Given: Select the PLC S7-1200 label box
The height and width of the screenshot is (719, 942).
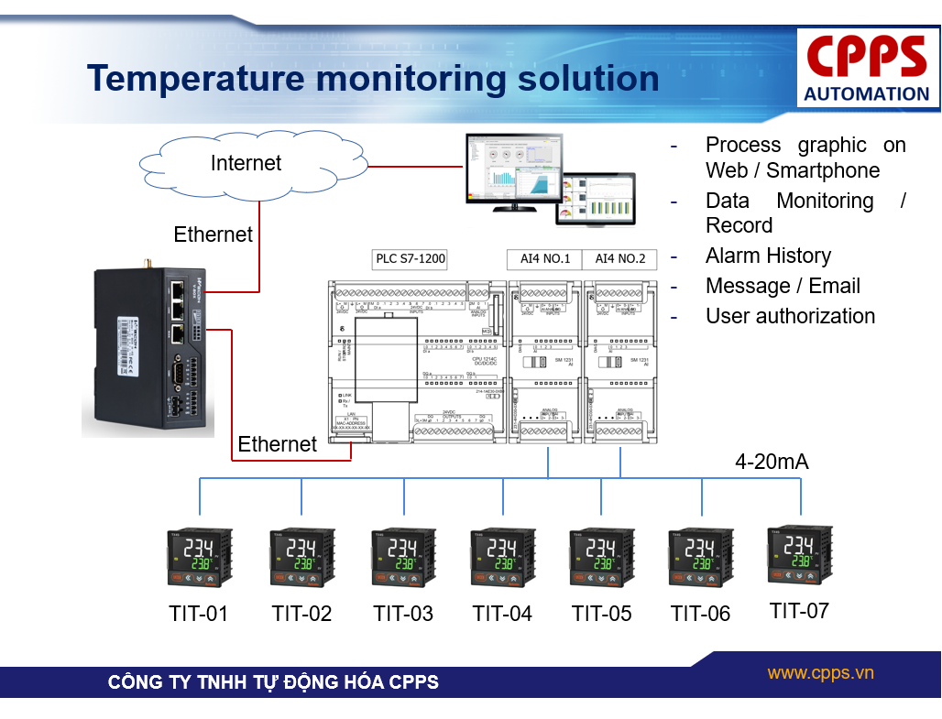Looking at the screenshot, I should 411,258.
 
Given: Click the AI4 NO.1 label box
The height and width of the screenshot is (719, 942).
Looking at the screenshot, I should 545,258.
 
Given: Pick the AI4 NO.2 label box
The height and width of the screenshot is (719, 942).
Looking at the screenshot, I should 620,258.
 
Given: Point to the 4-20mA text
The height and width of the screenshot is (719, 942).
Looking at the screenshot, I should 772,462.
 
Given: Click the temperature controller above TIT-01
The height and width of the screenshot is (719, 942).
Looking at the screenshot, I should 199,557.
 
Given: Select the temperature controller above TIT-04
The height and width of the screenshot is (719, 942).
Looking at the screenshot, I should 502,557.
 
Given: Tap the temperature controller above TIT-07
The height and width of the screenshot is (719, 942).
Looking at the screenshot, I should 799,554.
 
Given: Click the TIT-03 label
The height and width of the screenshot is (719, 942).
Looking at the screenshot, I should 403,614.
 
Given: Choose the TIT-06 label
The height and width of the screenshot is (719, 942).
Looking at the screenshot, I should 700,614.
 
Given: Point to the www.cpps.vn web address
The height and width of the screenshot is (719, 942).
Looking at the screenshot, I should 820,673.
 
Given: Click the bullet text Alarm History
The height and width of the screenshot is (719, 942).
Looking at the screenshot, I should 768,256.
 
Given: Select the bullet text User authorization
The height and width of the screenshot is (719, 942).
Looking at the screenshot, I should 790,316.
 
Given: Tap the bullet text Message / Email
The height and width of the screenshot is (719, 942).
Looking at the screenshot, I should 783,286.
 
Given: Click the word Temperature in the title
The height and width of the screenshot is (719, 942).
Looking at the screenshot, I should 194,79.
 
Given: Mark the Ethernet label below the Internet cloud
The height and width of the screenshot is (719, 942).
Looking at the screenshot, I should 213,234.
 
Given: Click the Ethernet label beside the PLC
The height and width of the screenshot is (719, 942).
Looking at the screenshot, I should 277,444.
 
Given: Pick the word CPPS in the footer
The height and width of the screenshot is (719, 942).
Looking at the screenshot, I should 414,682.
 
